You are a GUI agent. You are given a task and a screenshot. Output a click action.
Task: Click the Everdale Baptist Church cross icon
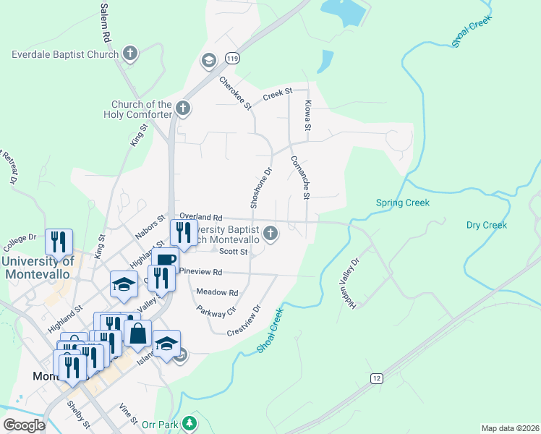[x=130, y=54]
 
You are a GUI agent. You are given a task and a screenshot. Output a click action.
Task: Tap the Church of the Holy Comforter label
[x=142, y=109]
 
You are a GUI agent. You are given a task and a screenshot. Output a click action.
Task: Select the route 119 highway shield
[x=231, y=58]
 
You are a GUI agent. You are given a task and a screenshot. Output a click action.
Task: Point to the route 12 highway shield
[x=376, y=378]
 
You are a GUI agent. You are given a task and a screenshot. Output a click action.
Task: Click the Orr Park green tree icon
[x=189, y=422]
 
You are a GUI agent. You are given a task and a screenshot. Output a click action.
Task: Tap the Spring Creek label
[x=403, y=203]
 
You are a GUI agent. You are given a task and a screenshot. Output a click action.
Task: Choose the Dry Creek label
[x=487, y=225]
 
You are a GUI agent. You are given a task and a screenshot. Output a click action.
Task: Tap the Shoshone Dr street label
[x=260, y=189]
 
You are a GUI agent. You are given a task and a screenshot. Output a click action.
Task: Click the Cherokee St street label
[x=234, y=93]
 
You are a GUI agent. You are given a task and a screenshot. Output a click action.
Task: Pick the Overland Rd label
[x=200, y=217]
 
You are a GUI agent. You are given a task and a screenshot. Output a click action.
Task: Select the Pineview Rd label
[x=202, y=272]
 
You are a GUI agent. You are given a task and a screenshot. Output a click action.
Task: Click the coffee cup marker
[x=166, y=260]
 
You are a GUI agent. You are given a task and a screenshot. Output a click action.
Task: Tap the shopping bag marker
[x=137, y=334]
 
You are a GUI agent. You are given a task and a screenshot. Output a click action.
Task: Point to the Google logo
[x=24, y=425]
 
